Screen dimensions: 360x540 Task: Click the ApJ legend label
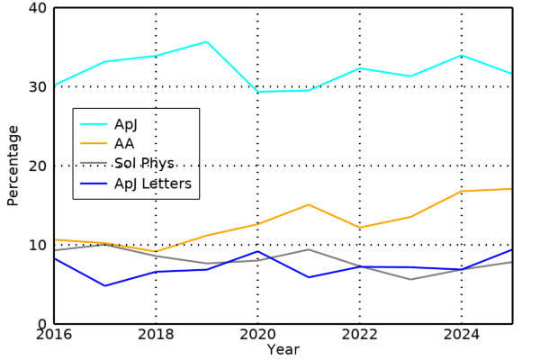tap(126, 124)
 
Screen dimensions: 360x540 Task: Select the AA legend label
tap(124, 144)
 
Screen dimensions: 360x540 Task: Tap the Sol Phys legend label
tap(144, 164)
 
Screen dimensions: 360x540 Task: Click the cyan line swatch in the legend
tap(94, 124)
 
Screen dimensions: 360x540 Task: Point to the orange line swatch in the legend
tap(94, 144)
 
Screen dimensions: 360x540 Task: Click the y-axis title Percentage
tap(13, 166)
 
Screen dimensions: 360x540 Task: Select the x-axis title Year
tap(283, 349)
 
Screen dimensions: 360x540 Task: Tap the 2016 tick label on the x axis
tap(54, 335)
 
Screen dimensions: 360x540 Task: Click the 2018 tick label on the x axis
tap(156, 335)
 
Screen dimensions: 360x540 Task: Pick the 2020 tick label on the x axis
tap(258, 335)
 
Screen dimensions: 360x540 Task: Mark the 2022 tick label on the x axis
tap(360, 335)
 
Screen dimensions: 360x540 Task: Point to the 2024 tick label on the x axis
tap(462, 335)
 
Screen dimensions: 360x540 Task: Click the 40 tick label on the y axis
tap(39, 8)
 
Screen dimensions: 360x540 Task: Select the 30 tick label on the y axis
tap(39, 87)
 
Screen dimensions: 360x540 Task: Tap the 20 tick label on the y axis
tap(39, 166)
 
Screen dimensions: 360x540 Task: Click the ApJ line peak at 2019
tap(207, 41)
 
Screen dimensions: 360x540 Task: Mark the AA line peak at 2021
tap(309, 204)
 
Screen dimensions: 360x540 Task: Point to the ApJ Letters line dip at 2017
tap(105, 286)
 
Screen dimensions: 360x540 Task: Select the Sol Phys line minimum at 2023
tap(411, 280)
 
